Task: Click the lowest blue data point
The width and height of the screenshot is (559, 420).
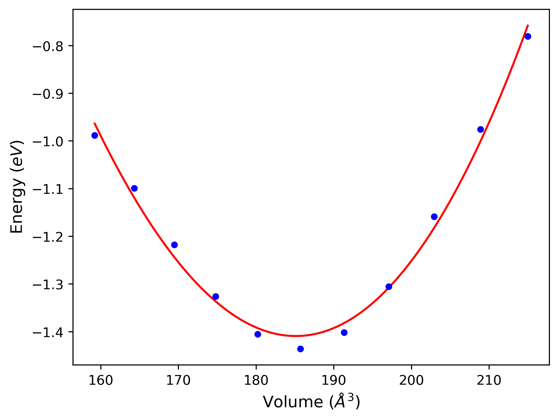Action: (300, 349)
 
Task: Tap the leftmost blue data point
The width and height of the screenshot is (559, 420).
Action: (95, 135)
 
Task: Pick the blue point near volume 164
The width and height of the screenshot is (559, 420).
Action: (134, 188)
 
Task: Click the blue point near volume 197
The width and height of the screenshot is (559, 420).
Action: (389, 287)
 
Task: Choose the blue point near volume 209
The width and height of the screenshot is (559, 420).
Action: (480, 130)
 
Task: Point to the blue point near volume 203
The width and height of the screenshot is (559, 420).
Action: (434, 217)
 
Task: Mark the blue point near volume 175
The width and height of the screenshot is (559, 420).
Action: (216, 296)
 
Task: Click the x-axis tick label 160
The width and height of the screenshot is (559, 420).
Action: (101, 381)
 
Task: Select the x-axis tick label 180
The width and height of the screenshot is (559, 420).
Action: (256, 381)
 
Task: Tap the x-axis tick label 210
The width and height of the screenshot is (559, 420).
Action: (489, 381)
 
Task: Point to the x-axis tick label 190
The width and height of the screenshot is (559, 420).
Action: (334, 381)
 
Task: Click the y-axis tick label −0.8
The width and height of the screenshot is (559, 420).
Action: (48, 47)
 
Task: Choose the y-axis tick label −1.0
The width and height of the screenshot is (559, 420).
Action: (48, 142)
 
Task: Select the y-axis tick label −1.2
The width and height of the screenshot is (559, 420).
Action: (48, 237)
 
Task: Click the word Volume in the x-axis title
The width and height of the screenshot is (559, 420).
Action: (293, 402)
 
